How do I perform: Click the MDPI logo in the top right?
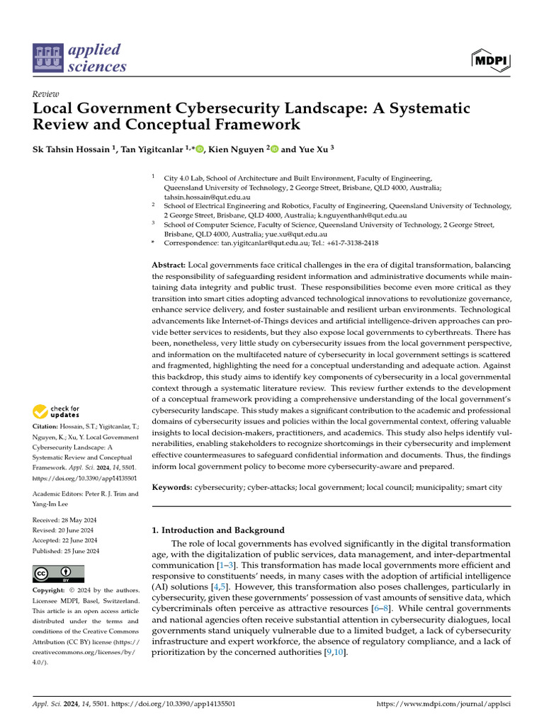pyautogui.click(x=490, y=60)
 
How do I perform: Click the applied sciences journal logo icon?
pyautogui.click(x=48, y=59)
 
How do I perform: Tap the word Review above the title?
pyautogui.click(x=46, y=94)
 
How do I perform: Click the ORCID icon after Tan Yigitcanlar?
pyautogui.click(x=200, y=149)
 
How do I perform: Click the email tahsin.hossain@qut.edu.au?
pyautogui.click(x=207, y=197)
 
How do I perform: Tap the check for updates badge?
pyautogui.click(x=57, y=412)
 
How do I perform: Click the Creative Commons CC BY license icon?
pyautogui.click(x=58, y=573)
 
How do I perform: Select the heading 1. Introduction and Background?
pyautogui.click(x=219, y=530)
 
